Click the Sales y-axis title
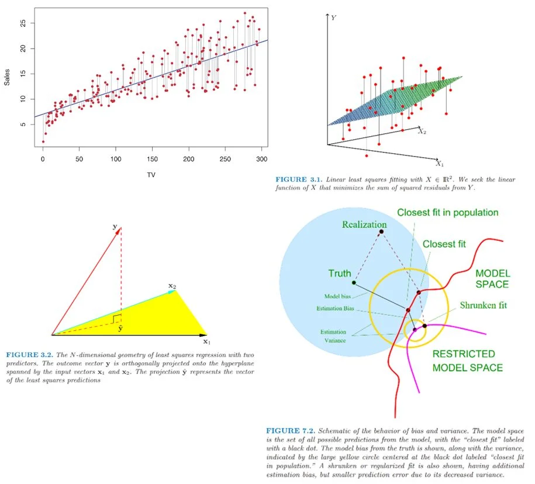[7, 77]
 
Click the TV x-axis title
[151, 174]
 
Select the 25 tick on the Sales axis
[22, 23]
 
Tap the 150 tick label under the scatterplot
[151, 159]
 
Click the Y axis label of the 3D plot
[333, 18]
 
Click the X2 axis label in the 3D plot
[423, 132]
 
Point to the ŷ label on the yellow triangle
[120, 329]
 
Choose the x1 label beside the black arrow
[206, 341]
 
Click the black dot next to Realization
[381, 232]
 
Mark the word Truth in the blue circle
[340, 273]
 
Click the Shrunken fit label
[483, 305]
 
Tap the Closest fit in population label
[447, 212]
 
